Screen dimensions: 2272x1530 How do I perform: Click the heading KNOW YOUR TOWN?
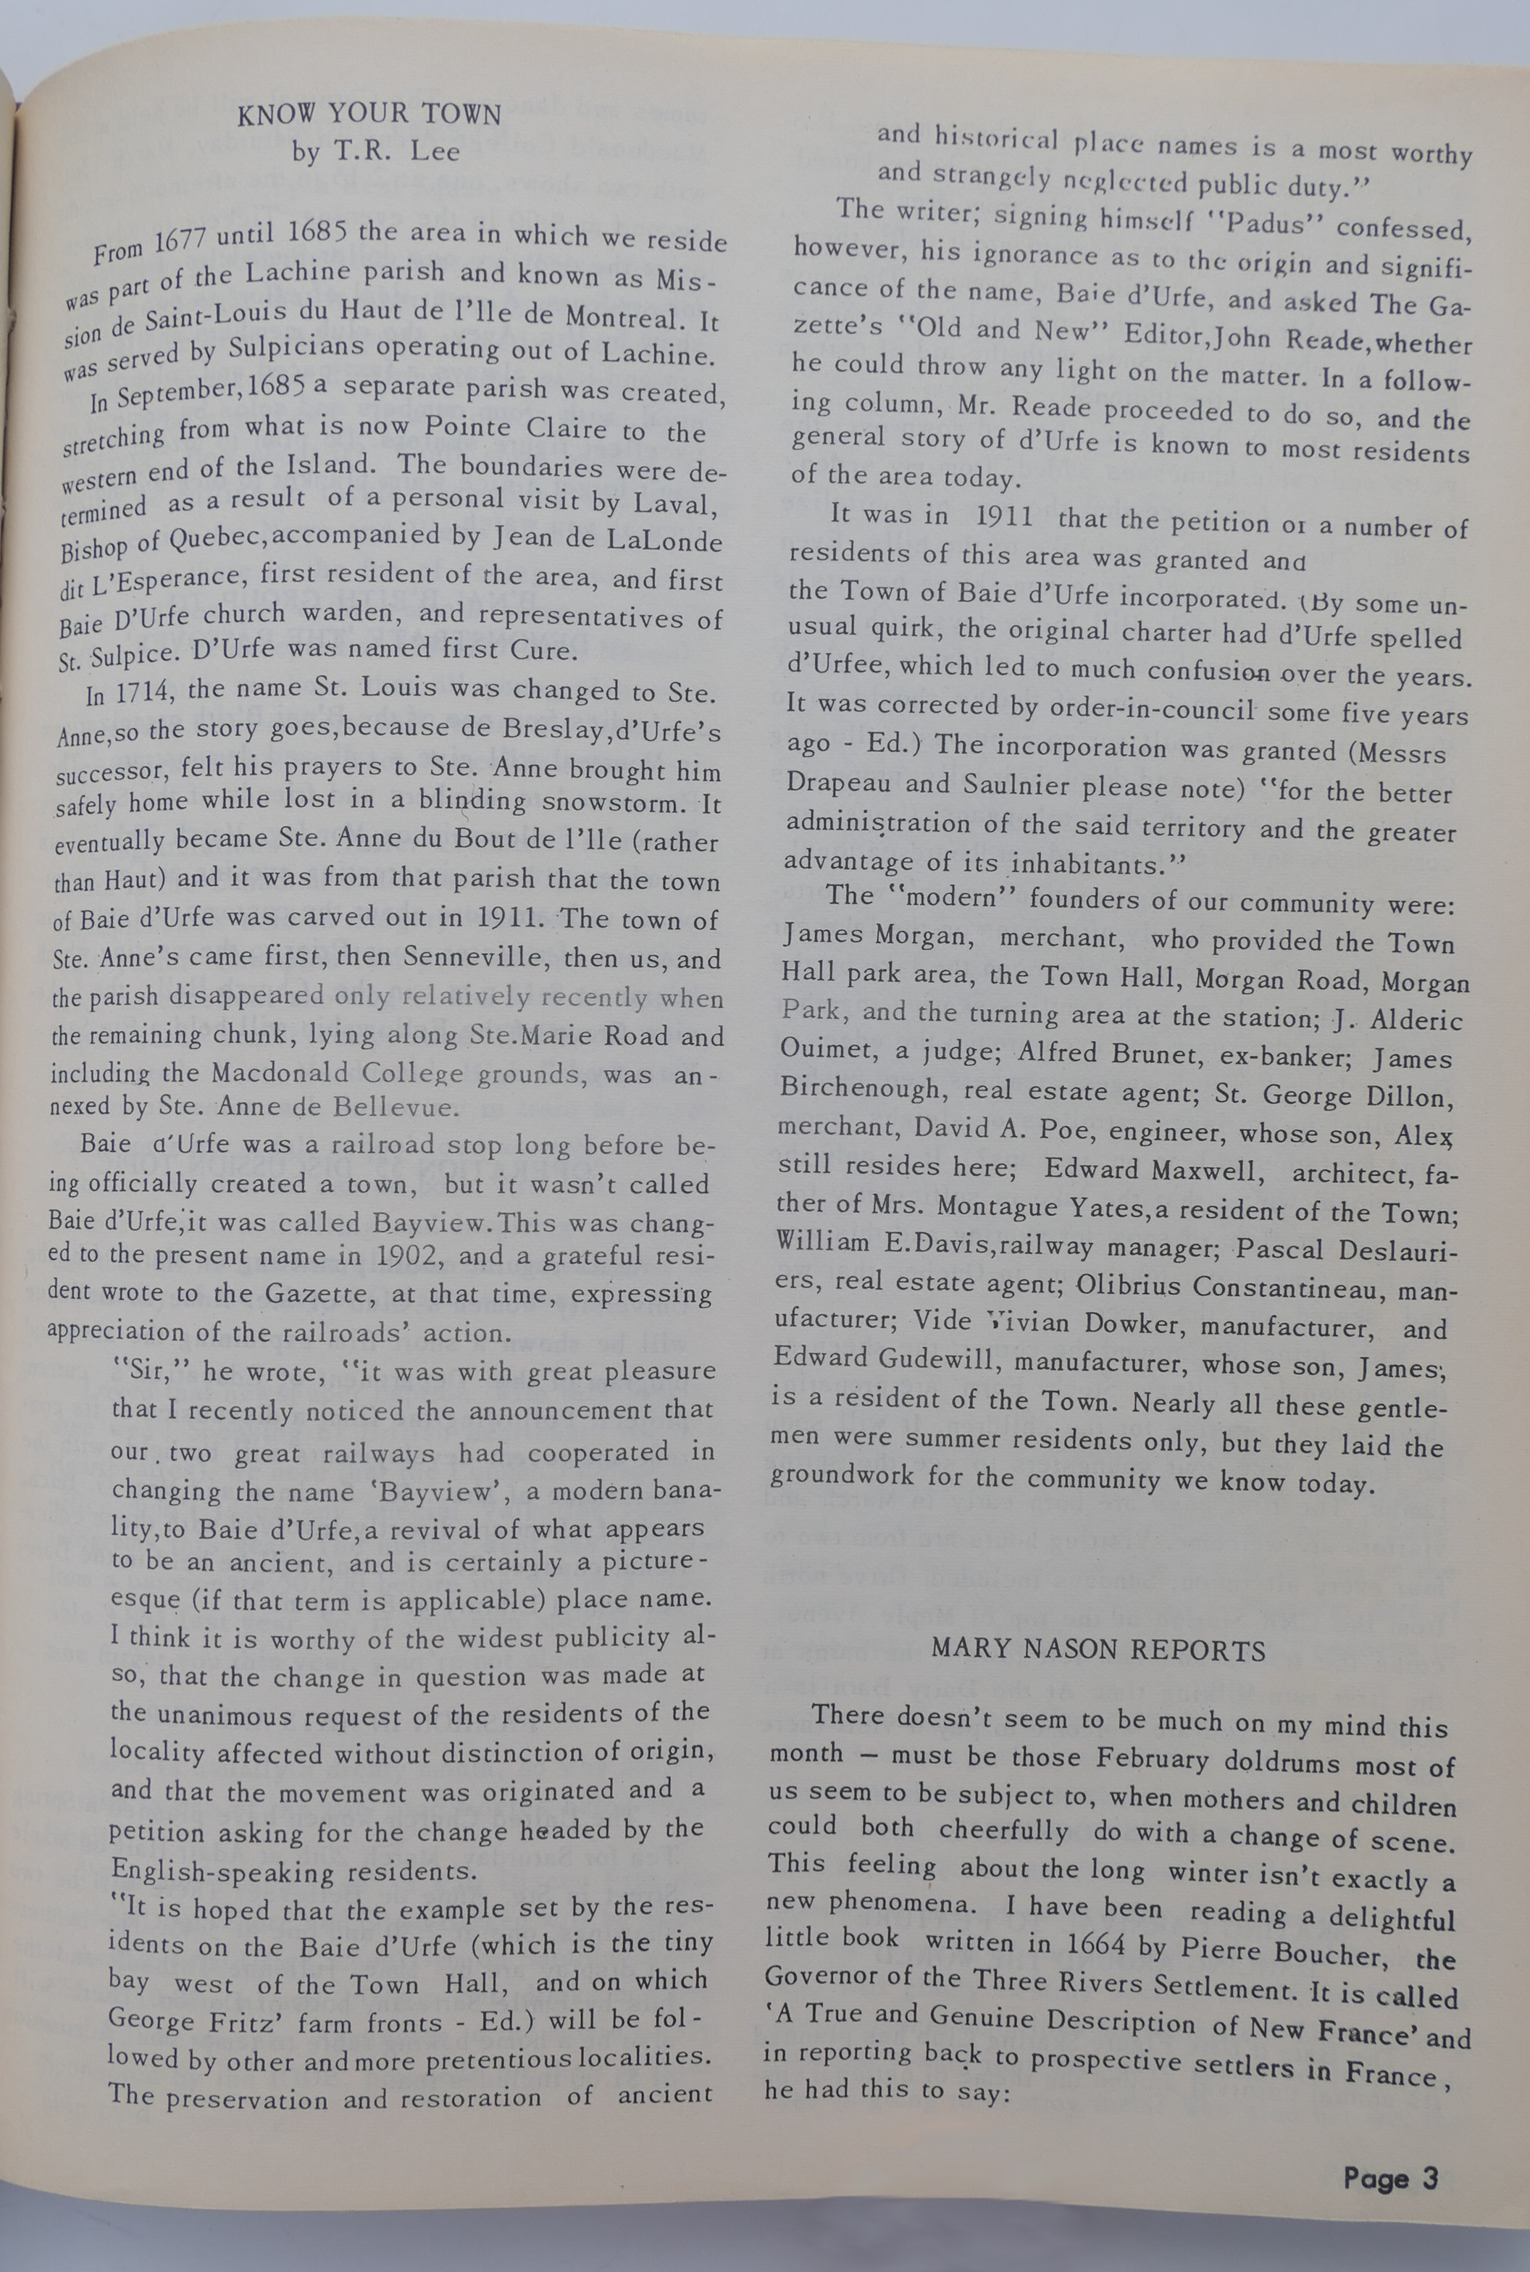tap(369, 115)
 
